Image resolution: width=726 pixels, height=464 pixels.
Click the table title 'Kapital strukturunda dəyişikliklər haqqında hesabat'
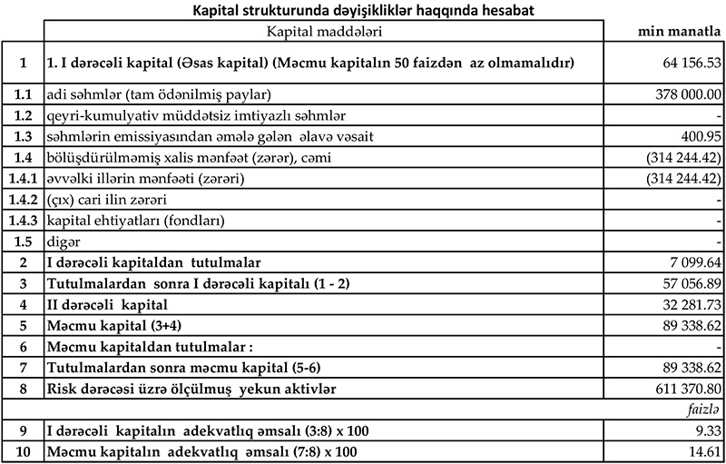click(362, 11)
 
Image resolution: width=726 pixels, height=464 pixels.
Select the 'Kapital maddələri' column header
click(323, 32)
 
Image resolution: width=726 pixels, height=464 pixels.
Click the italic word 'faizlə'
click(703, 410)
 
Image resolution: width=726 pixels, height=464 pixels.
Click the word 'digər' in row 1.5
click(61, 242)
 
